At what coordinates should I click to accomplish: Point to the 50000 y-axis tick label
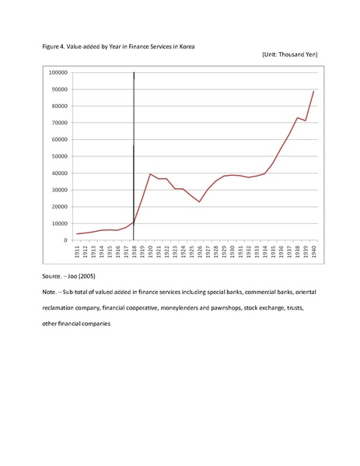61,156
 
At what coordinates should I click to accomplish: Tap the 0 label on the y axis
66,240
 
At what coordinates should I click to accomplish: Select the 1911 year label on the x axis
77,251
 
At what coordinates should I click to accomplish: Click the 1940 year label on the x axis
314,251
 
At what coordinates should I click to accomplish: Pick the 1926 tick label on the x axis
200,251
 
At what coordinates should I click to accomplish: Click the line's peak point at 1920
150,173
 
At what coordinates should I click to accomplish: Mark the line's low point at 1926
199,202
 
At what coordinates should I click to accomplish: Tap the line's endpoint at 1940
313,91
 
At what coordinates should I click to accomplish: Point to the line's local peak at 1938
297,117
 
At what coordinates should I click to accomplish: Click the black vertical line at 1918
134,156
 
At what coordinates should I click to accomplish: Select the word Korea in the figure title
187,47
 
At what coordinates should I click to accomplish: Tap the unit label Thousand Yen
297,54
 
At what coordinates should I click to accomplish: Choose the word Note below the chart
49,293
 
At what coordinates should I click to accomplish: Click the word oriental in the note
306,293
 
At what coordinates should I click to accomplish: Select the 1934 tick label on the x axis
265,251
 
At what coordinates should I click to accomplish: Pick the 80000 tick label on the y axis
61,106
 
